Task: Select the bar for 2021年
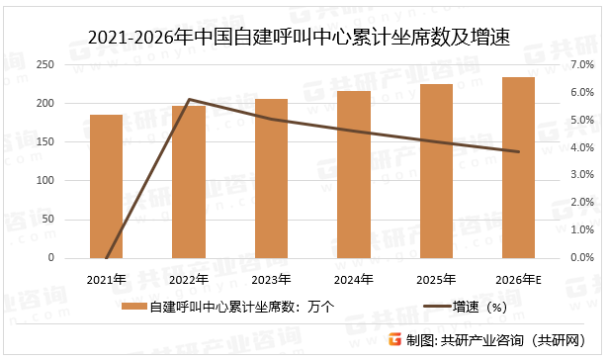[106, 187]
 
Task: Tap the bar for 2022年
[189, 182]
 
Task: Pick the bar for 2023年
[271, 179]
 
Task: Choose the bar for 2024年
[354, 175]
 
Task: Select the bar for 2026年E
[518, 168]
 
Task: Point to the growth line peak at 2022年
[189, 99]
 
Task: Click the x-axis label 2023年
[271, 279]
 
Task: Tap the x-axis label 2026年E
[518, 279]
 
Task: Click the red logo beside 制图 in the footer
[393, 340]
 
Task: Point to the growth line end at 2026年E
[518, 151]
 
